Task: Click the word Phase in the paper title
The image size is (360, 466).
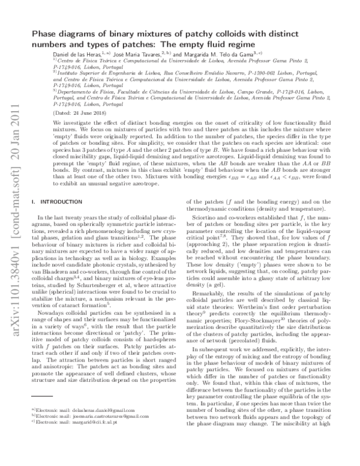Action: (47, 35)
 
